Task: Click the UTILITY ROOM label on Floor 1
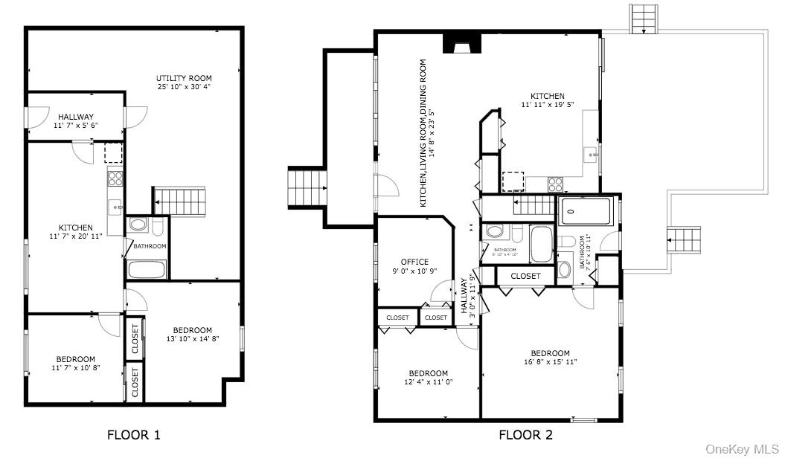184,78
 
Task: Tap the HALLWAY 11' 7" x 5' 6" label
76,117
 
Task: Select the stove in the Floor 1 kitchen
115,178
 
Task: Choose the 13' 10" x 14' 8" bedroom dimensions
192,339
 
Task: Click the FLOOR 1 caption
133,434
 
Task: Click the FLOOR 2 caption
525,434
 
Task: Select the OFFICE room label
414,262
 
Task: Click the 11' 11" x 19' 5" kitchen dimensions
547,105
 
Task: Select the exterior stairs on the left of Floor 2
307,190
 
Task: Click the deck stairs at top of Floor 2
644,18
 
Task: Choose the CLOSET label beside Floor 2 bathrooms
526,276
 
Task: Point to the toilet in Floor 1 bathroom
138,224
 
